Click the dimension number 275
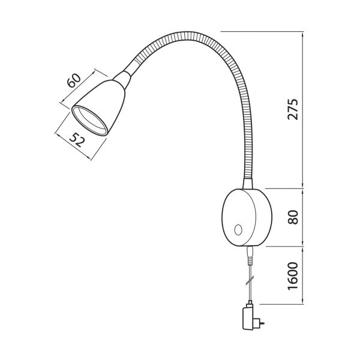[x=293, y=110]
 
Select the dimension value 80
[x=293, y=217]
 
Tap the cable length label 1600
[x=293, y=276]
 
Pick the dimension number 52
[x=77, y=140]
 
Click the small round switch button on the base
[x=238, y=230]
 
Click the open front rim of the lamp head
[x=89, y=121]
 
